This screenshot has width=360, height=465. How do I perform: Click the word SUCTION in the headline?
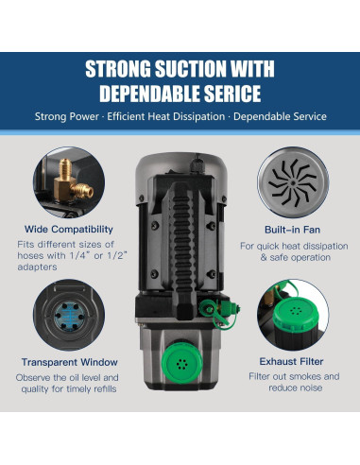pyautogui.click(x=191, y=69)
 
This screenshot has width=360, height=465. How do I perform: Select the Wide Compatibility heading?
pyautogui.click(x=69, y=229)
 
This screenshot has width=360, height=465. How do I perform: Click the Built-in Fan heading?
pyautogui.click(x=292, y=230)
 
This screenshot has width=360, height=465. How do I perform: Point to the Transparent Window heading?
pyautogui.click(x=70, y=362)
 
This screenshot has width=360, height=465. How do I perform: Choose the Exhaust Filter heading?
pyautogui.click(x=291, y=361)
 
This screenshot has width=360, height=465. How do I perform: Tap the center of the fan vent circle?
pyautogui.click(x=293, y=182)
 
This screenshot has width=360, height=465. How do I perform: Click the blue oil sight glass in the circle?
pyautogui.click(x=69, y=316)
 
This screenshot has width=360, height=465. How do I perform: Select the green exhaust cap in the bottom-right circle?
pyautogui.click(x=295, y=314)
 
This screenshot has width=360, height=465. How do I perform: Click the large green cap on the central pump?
pyautogui.click(x=181, y=362)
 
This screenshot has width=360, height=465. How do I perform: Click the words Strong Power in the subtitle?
pyautogui.click(x=67, y=116)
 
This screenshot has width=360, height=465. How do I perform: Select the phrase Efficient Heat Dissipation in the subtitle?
pyautogui.click(x=166, y=116)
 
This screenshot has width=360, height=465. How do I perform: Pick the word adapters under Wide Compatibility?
pyautogui.click(x=37, y=267)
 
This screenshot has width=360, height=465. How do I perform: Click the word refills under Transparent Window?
pyautogui.click(x=103, y=388)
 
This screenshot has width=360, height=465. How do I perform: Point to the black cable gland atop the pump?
pyautogui.click(x=197, y=164)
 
